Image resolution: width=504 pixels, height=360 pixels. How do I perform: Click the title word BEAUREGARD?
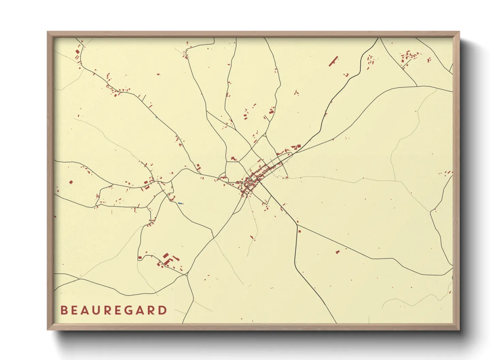click(114, 310)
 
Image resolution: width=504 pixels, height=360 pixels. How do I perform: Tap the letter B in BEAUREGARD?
click(63, 310)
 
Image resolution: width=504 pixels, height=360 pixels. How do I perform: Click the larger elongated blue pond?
click(180, 203)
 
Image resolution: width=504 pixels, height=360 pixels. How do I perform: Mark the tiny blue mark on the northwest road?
click(156, 117)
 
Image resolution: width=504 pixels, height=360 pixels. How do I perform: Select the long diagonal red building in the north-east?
click(333, 61)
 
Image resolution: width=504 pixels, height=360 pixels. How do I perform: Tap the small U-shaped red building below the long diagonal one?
click(347, 75)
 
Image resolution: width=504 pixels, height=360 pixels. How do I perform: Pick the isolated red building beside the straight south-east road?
click(337, 252)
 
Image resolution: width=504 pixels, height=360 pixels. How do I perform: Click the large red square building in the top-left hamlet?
click(77, 52)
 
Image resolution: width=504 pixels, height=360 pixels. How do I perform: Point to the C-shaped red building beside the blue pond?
click(171, 198)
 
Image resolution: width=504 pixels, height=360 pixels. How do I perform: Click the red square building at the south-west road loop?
click(140, 258)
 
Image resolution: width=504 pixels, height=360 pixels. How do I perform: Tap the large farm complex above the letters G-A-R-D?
click(167, 260)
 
